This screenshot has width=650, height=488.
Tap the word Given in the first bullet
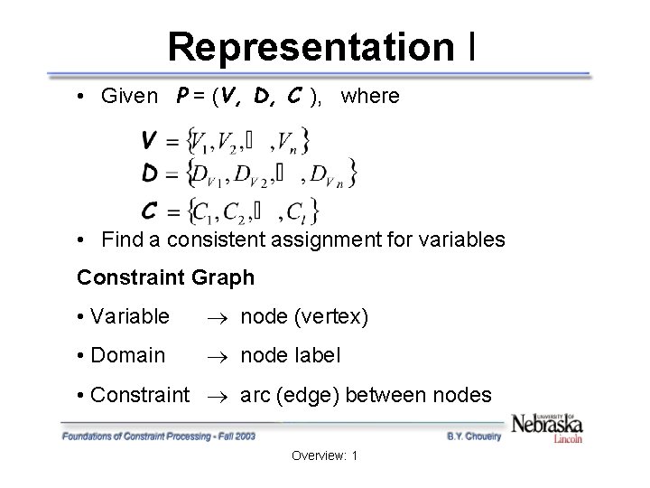point(130,97)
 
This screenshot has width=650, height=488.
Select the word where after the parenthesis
point(370,97)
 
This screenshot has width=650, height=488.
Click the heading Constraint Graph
point(166,277)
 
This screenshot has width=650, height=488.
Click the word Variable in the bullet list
point(129,316)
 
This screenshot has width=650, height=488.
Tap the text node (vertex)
point(303,316)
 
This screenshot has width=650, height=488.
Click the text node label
point(290,356)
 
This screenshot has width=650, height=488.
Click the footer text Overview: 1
point(325,456)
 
